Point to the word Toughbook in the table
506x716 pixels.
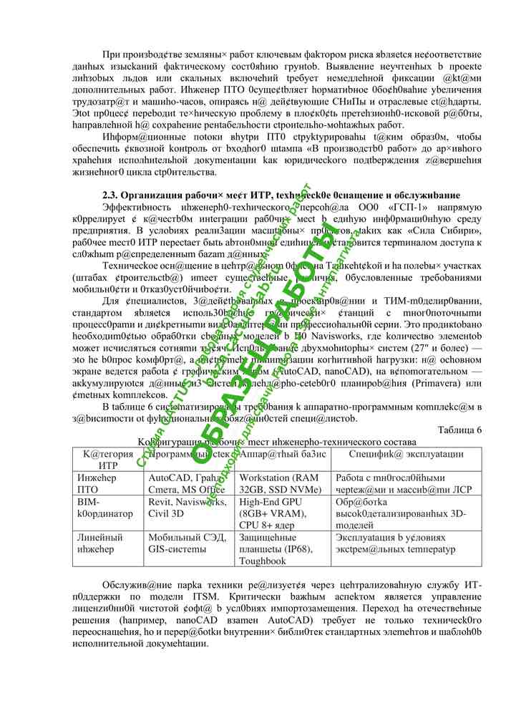point(263,561)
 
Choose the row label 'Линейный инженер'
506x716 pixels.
point(99,543)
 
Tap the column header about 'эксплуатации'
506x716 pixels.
point(406,454)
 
